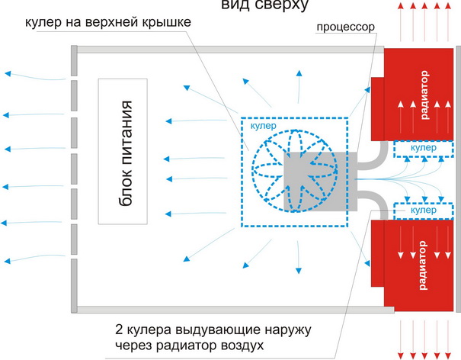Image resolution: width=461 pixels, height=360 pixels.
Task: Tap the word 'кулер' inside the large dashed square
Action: click(x=264, y=126)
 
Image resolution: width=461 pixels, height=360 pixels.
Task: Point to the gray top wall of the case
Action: click(x=229, y=50)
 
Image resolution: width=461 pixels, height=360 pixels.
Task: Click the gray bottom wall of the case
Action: click(x=229, y=308)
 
